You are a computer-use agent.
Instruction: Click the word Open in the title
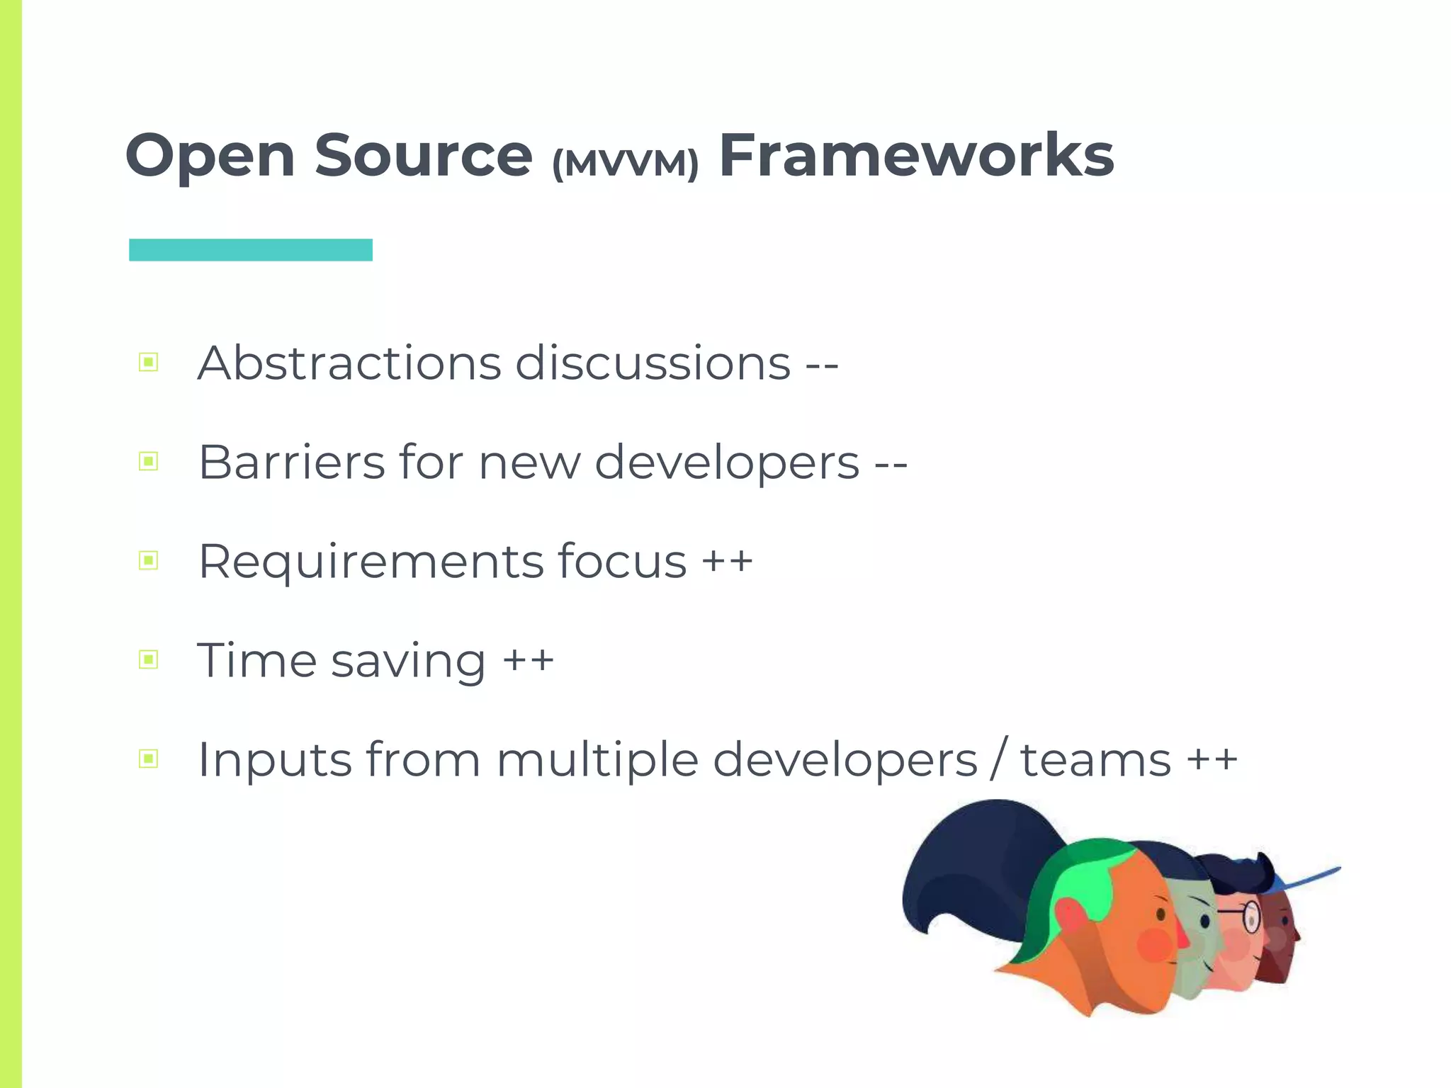point(210,157)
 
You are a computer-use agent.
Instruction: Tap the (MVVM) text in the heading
point(625,164)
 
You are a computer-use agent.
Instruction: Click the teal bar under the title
point(250,250)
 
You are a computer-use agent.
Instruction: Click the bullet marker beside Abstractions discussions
point(149,363)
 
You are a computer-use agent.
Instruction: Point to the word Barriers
point(291,462)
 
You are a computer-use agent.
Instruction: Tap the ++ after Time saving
point(528,660)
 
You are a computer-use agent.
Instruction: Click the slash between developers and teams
point(998,759)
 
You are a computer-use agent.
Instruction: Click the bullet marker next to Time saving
point(149,660)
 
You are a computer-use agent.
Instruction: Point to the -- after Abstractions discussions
point(822,365)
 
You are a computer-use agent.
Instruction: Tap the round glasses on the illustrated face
point(1250,917)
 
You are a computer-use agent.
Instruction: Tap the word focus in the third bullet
point(621,561)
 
